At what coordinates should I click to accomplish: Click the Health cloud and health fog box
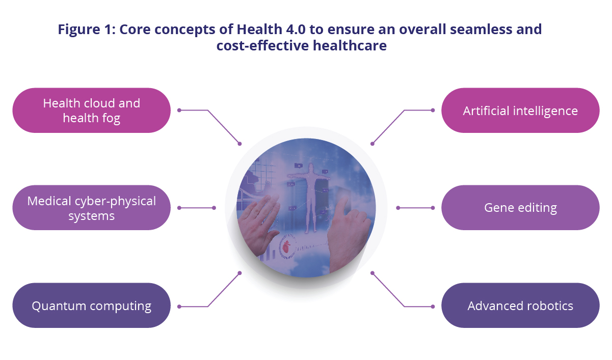[92, 110]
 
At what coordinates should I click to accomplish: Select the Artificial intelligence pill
[520, 110]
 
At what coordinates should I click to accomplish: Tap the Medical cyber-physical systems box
[92, 208]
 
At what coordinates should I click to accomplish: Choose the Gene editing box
[520, 208]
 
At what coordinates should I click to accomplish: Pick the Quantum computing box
[92, 306]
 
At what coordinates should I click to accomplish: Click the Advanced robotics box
[520, 306]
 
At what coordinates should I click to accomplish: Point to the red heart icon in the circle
[286, 247]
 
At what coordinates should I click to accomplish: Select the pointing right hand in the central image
[349, 235]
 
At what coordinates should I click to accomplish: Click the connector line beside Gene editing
[415, 208]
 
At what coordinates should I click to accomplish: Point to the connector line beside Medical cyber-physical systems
[196, 208]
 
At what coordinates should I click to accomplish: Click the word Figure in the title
[79, 30]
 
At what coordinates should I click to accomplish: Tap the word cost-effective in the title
[262, 45]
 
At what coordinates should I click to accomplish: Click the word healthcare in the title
[350, 45]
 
